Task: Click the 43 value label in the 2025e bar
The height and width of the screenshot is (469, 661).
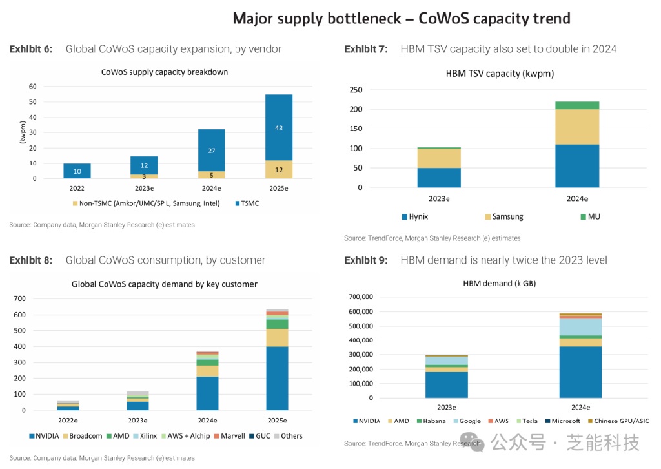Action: [279, 128]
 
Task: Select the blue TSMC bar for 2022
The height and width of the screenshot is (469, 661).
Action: [77, 171]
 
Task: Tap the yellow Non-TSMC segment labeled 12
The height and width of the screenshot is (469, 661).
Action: [279, 169]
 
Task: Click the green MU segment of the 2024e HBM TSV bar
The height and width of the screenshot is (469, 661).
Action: [577, 105]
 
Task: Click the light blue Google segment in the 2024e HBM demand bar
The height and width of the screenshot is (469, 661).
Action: [580, 327]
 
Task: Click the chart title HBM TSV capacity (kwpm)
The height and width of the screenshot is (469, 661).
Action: [500, 74]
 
